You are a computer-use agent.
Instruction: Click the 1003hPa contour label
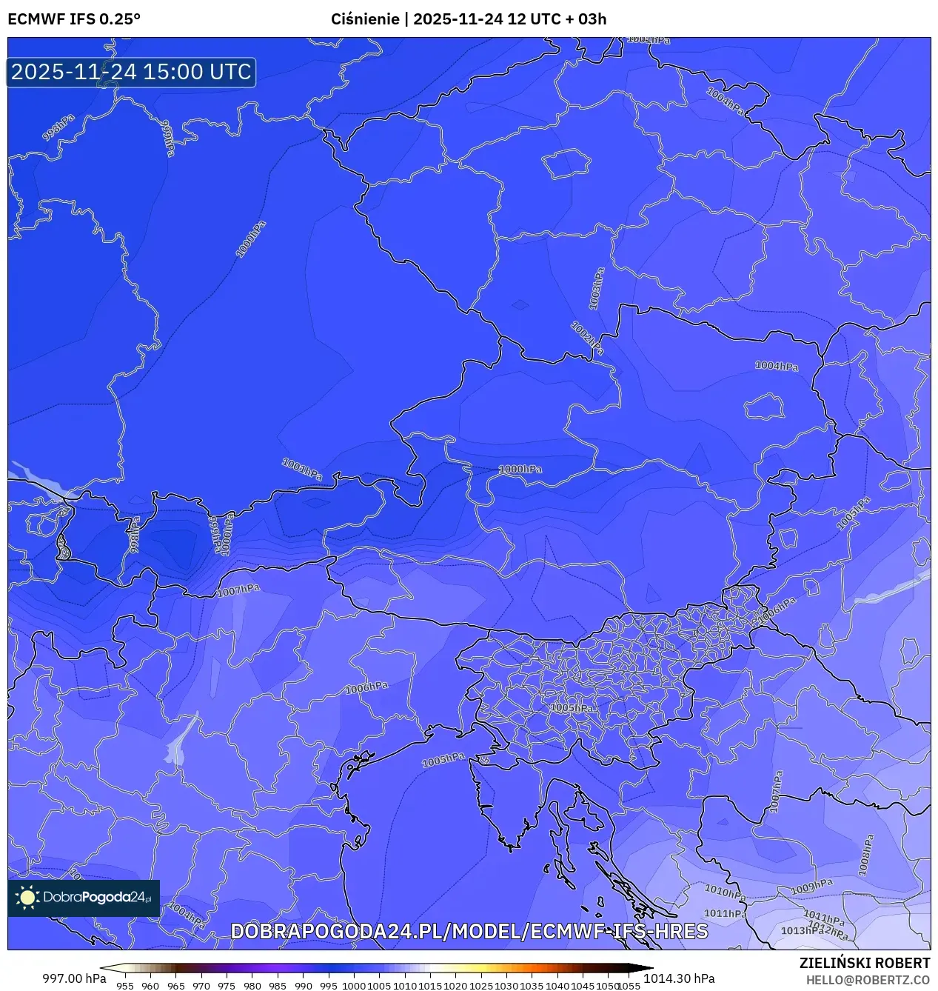click(596, 289)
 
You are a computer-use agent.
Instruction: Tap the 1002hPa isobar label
click(586, 337)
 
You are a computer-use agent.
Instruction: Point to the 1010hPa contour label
click(724, 892)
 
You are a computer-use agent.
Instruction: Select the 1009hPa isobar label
click(811, 887)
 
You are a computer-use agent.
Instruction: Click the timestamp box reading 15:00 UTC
click(132, 72)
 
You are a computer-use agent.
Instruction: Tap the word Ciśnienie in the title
click(365, 19)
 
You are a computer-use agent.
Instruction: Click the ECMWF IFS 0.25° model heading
click(74, 19)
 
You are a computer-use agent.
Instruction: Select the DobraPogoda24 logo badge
click(84, 898)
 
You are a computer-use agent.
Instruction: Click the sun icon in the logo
click(28, 898)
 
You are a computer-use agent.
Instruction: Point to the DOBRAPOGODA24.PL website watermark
click(469, 931)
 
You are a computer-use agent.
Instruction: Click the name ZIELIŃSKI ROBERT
click(864, 963)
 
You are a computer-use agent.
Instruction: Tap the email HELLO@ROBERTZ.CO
click(868, 980)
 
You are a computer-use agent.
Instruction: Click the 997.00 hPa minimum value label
click(74, 978)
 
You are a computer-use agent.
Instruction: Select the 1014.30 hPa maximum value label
click(679, 978)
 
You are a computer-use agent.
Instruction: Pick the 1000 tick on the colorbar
click(354, 986)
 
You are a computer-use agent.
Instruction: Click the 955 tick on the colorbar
click(125, 986)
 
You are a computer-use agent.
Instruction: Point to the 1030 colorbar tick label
click(506, 986)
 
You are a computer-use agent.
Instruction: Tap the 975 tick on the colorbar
click(227, 986)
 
